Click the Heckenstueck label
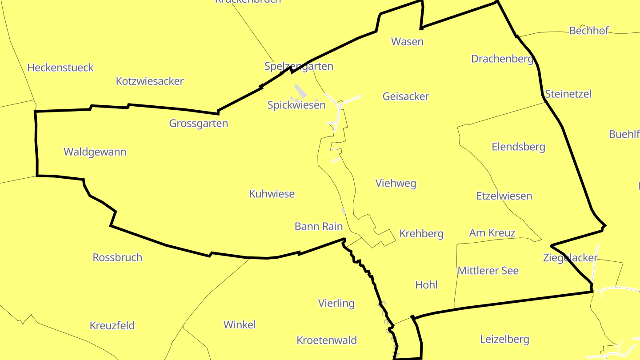(60, 68)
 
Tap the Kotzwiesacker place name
(150, 81)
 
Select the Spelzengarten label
(299, 66)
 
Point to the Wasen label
(407, 42)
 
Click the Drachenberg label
(502, 59)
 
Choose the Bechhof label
(589, 31)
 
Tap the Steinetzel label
(568, 94)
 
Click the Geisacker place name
(406, 96)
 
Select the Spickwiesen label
(296, 105)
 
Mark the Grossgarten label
(199, 124)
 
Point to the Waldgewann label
(95, 152)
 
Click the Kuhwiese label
(272, 194)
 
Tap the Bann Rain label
(319, 227)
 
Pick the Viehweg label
(396, 184)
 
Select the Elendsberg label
(518, 147)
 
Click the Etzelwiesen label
(504, 196)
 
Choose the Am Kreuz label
(492, 233)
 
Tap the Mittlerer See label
(488, 271)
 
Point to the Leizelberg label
(504, 340)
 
